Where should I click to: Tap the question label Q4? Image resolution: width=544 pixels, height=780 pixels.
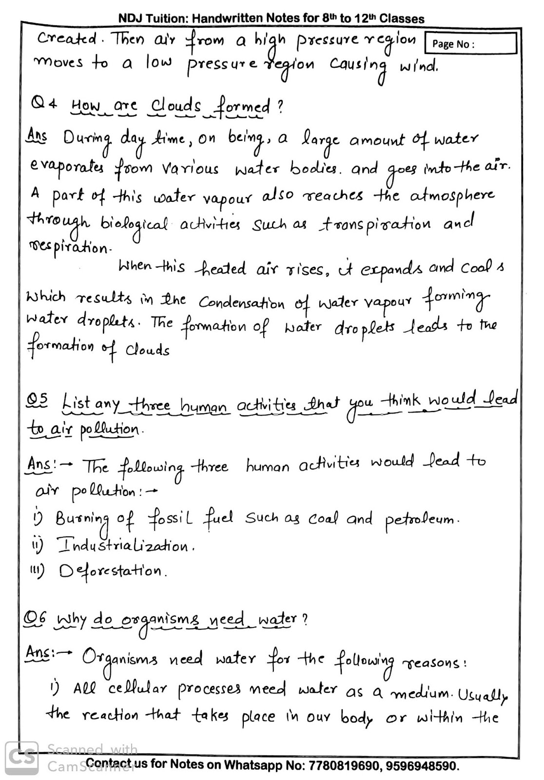(x=44, y=104)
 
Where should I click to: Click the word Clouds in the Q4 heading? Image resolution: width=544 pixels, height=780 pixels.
(x=175, y=105)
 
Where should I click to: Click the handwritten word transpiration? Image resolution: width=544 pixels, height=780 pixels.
(x=375, y=225)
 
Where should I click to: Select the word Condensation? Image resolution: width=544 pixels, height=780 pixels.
(x=241, y=303)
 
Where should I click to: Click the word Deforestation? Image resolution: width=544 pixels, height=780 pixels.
(x=113, y=570)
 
